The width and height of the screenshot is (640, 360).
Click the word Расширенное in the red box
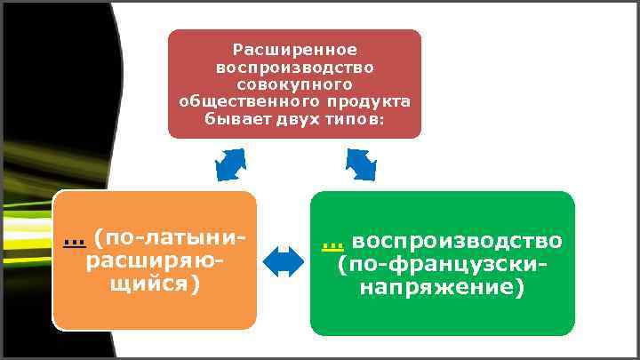point(294,51)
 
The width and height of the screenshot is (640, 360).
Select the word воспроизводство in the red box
point(294,68)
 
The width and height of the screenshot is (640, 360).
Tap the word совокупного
point(294,84)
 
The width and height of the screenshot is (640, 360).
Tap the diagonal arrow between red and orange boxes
point(230,164)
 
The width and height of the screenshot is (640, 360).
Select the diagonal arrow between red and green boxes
point(361,164)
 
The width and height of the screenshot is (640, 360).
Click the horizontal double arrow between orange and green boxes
point(284,261)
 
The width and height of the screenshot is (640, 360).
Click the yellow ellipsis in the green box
point(333,244)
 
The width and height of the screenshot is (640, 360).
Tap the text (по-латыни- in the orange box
point(169,238)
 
